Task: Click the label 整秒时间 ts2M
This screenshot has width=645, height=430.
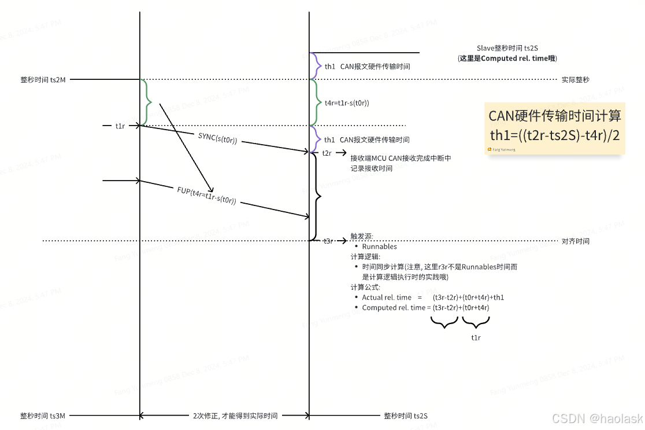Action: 43,80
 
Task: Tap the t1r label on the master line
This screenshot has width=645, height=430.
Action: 120,125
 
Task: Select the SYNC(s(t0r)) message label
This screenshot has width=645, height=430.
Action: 218,138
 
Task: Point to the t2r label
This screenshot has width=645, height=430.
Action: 327,153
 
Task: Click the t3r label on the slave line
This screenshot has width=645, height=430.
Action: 328,241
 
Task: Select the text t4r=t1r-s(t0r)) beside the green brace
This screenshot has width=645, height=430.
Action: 347,103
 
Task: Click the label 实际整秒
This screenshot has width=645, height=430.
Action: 575,80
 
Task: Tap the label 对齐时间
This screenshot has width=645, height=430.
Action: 575,241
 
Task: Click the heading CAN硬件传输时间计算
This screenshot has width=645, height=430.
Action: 555,116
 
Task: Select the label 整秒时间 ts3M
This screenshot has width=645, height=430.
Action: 43,416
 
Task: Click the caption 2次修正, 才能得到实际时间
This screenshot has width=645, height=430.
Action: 235,416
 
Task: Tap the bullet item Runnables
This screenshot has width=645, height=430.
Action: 379,247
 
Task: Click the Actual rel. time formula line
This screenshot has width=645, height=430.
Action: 433,297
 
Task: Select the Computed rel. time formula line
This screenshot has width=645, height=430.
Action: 425,307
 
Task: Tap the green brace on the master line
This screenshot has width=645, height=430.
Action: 148,102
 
